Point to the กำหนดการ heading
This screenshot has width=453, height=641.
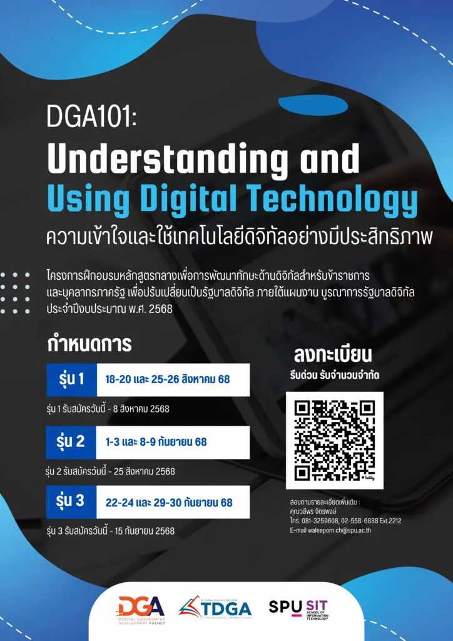89,344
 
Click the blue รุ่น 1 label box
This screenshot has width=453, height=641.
71,380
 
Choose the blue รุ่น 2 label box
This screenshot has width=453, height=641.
71,443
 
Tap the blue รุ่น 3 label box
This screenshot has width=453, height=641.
71,502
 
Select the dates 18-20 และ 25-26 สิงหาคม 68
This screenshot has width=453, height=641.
168,379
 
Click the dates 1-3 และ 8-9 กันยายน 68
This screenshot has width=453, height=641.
156,442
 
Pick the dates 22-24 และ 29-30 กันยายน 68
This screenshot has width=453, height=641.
169,503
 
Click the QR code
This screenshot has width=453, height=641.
335,440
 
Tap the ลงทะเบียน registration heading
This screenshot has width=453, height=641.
333,355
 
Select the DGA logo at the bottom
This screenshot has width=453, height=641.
141,610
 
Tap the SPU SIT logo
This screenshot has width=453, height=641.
298,610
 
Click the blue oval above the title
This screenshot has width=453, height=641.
313,106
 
